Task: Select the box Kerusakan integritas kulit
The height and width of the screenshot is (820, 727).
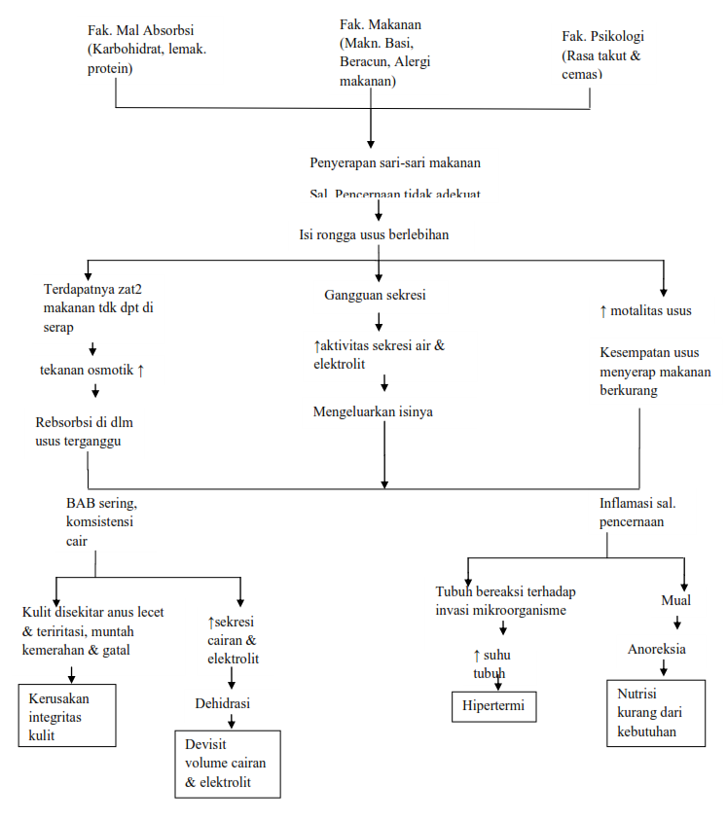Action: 67,716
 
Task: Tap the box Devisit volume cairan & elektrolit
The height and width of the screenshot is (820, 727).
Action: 227,764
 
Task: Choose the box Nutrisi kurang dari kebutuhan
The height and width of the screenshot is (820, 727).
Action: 655,714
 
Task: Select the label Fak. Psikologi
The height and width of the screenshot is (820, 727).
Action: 602,36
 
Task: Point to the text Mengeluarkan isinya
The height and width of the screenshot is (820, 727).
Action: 373,411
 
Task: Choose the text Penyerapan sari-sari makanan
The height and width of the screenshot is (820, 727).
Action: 394,162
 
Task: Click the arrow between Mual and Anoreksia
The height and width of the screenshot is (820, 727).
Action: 676,624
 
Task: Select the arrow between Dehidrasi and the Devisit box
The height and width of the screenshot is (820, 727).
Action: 230,721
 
